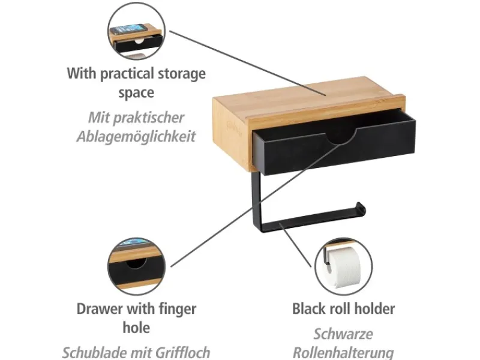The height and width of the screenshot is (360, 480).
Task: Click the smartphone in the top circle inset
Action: (129, 29)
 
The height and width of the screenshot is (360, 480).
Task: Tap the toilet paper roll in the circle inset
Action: (344, 268)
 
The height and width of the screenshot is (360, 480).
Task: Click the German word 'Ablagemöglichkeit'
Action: (136, 136)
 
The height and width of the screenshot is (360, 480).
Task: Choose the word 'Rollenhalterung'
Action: (343, 353)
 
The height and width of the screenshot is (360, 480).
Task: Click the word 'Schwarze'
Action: (343, 334)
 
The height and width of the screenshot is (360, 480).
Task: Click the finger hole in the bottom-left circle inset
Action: (136, 263)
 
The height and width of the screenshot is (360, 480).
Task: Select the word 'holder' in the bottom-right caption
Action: (374, 308)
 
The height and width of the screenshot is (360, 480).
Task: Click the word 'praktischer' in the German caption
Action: (149, 118)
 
